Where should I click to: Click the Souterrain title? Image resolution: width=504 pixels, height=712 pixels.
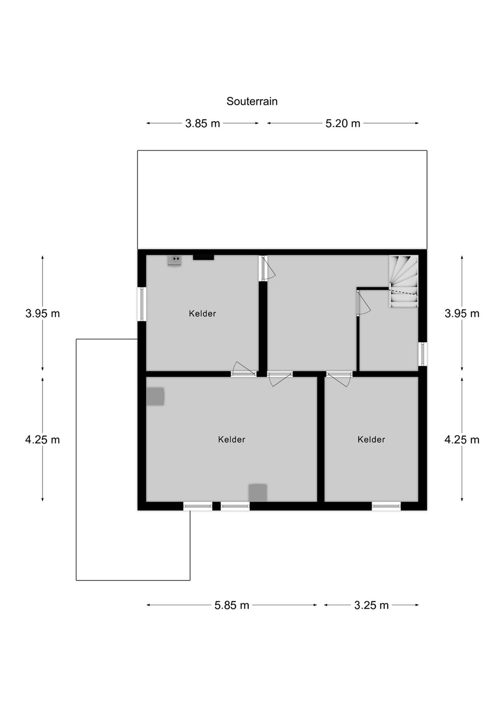point(252,101)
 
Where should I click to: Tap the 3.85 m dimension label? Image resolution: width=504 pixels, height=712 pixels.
point(203,123)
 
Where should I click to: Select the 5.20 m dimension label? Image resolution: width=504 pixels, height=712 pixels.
point(343,123)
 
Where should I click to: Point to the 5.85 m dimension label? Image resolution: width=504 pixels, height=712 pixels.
point(231,605)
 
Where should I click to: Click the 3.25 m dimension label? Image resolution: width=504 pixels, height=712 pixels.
point(371,605)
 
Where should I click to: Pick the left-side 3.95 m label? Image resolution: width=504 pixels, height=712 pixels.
point(43,313)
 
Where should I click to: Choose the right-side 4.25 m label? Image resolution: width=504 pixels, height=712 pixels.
point(461,440)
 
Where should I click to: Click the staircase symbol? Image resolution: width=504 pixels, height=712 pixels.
point(404,281)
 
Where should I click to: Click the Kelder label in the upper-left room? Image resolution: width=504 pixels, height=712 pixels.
point(202,313)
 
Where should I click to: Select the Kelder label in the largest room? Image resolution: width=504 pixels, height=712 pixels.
point(231,440)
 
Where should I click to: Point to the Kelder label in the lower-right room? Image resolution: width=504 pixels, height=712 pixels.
point(371,440)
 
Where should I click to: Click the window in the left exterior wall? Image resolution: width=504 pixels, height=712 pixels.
point(142,304)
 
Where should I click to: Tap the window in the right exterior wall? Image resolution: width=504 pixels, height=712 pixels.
point(422,354)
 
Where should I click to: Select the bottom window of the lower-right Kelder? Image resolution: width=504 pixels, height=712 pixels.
point(386,506)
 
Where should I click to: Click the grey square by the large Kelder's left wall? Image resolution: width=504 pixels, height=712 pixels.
point(155,397)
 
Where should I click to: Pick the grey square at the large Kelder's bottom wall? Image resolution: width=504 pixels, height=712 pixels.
point(258,493)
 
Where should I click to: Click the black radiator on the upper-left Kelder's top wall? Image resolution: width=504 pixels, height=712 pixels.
point(203,258)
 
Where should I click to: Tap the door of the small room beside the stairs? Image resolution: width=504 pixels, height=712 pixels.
point(364,303)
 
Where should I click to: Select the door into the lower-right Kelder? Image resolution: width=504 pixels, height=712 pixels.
point(339,379)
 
